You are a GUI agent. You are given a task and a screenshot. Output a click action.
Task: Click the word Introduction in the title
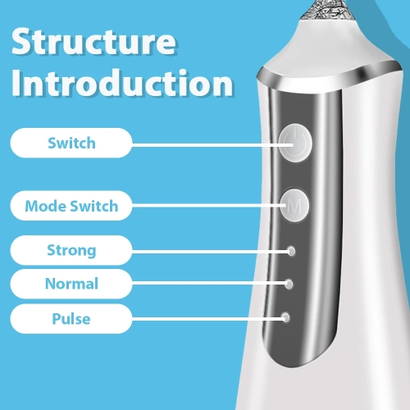122,85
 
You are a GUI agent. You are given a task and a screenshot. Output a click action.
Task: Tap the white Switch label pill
71,143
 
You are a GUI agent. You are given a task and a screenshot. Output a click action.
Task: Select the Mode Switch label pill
71,206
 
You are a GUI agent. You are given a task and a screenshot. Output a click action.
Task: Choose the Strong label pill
71,250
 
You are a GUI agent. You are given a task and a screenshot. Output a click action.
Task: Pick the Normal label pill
71,285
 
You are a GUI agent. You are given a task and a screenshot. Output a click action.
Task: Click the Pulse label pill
71,318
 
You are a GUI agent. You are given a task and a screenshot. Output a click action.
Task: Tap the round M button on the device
293,207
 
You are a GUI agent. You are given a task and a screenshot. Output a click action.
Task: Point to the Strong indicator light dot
291,250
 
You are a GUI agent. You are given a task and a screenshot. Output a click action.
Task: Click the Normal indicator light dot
289,284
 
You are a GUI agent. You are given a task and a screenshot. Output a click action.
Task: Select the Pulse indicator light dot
286,317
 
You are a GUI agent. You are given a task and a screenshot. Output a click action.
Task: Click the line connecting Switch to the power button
205,143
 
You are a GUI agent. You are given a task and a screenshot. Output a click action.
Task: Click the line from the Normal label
209,284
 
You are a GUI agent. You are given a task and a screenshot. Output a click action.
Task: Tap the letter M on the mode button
293,207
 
